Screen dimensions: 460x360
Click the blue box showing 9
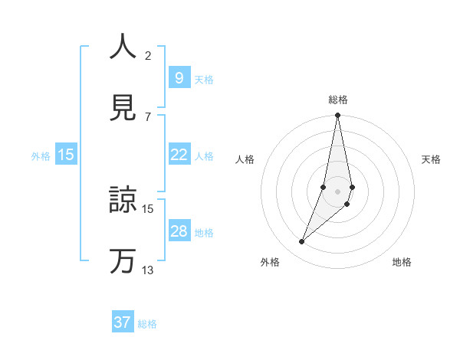[x=179, y=77]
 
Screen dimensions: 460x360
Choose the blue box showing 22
[x=179, y=155]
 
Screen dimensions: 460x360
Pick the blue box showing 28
[x=179, y=231]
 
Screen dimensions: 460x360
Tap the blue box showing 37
[x=123, y=322]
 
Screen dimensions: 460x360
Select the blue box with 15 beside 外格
[x=66, y=155]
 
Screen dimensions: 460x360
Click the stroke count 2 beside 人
[x=147, y=55]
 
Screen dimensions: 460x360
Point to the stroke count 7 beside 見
[x=147, y=116]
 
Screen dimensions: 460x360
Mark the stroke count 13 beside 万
[x=147, y=270]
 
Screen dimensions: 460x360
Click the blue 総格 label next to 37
[x=147, y=324]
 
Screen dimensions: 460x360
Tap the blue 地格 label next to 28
[x=204, y=232]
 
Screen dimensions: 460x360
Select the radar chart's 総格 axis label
[x=338, y=100]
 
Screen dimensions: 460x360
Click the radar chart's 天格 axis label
[x=431, y=159]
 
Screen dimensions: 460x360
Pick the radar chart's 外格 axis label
[x=270, y=262]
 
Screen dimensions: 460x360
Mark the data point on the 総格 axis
[x=338, y=116]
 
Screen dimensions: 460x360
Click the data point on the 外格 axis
[x=302, y=242]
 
